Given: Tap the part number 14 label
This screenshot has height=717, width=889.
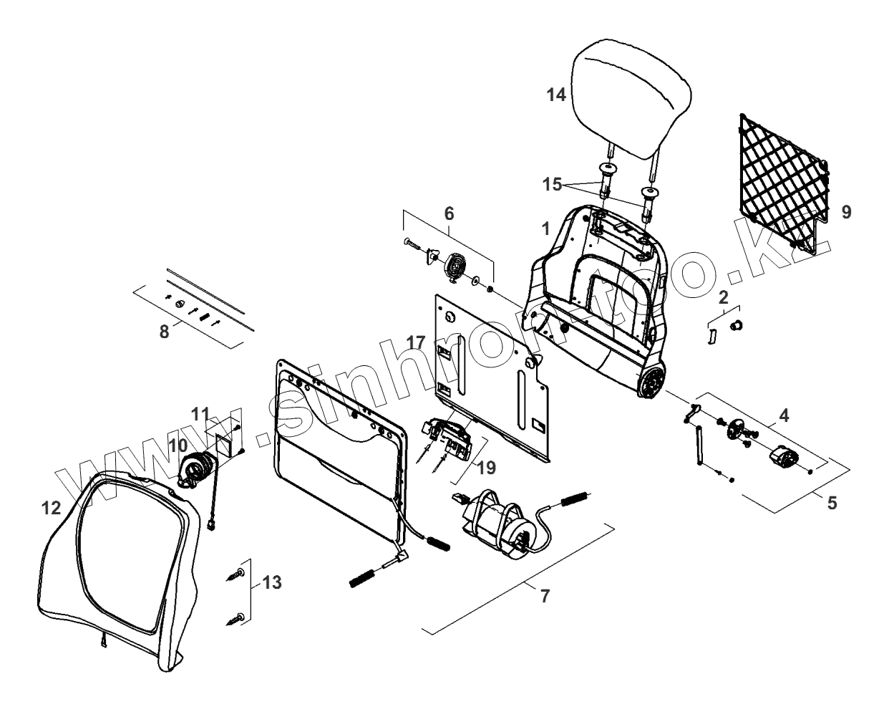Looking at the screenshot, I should pyautogui.click(x=557, y=94).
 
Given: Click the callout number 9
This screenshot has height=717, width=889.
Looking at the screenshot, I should pyautogui.click(x=847, y=212).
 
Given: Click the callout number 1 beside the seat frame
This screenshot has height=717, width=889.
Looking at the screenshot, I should pyautogui.click(x=546, y=229).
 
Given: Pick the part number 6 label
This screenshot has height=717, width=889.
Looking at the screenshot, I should pyautogui.click(x=449, y=213).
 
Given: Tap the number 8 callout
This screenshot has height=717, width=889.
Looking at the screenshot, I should pyautogui.click(x=165, y=332).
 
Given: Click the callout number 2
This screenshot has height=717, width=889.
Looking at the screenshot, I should pyautogui.click(x=724, y=297).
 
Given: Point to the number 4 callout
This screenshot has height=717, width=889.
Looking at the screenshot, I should pyautogui.click(x=784, y=415).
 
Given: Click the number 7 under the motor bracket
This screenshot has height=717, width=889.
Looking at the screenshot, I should pyautogui.click(x=545, y=595).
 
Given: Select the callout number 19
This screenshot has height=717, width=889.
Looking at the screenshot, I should pyautogui.click(x=487, y=468).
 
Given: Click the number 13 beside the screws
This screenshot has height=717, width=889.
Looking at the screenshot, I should pyautogui.click(x=271, y=582).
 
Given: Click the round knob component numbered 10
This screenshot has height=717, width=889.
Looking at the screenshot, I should pyautogui.click(x=196, y=471).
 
